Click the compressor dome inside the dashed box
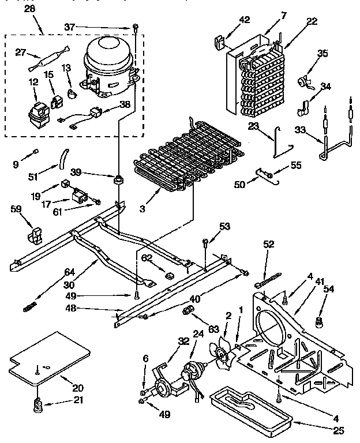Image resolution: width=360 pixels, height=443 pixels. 108,55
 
